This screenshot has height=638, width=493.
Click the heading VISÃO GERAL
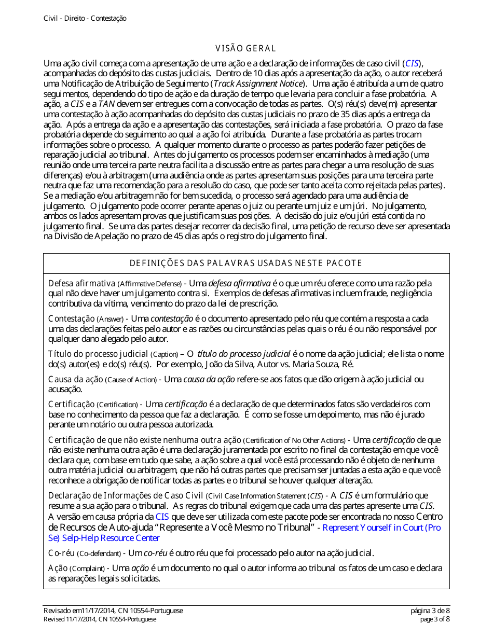[246, 49]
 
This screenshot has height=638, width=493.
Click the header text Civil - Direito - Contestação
[85, 18]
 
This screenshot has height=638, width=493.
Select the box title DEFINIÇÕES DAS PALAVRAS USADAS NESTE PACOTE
[246, 263]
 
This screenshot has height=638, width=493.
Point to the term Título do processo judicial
[91, 354]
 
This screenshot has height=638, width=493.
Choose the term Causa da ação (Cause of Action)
[102, 380]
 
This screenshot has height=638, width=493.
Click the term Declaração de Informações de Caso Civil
[126, 496]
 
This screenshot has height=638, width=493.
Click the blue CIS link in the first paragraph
[413, 64]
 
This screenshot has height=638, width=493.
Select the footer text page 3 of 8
[435, 619]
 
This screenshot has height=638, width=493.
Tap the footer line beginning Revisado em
[113, 611]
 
